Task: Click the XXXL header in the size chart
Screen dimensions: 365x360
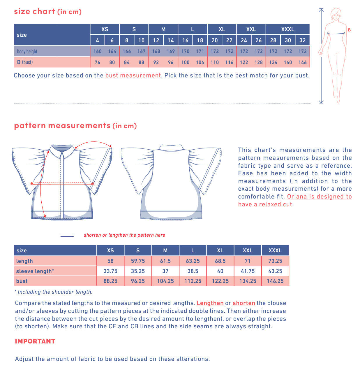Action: pyautogui.click(x=287, y=29)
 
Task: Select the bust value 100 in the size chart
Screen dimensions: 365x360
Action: pyautogui.click(x=185, y=62)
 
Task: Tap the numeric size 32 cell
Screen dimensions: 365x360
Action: pyautogui.click(x=302, y=40)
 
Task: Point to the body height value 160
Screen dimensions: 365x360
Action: pyautogui.click(x=97, y=52)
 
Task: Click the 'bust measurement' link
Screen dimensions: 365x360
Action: pyautogui.click(x=133, y=76)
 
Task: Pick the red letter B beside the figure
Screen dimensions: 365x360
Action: pyautogui.click(x=349, y=30)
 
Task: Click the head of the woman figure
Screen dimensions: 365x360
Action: pyautogui.click(x=336, y=14)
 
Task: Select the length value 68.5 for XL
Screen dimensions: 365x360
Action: pyautogui.click(x=220, y=261)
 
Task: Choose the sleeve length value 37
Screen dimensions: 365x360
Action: pyautogui.click(x=165, y=271)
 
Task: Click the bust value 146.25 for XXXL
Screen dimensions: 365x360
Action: pyautogui.click(x=275, y=281)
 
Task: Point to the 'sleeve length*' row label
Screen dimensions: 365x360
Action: pyautogui.click(x=35, y=271)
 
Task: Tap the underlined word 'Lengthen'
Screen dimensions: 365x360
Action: pyautogui.click(x=210, y=303)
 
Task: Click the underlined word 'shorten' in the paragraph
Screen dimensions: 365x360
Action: pyautogui.click(x=244, y=303)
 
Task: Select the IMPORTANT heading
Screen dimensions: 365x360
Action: pyautogui.click(x=35, y=341)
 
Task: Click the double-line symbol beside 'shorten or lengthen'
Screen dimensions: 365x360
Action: pyautogui.click(x=67, y=235)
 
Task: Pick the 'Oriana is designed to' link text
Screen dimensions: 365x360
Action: pyautogui.click(x=319, y=197)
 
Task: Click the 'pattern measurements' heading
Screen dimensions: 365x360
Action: pyautogui.click(x=62, y=126)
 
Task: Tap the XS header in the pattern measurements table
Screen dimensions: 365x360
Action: pyautogui.click(x=110, y=251)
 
